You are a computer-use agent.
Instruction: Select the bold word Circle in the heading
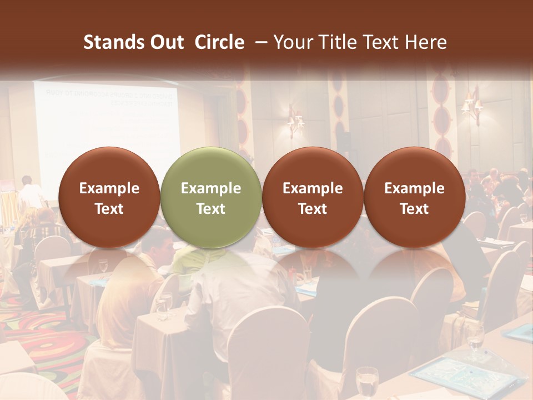(x=219, y=42)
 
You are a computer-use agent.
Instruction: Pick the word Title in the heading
(x=335, y=42)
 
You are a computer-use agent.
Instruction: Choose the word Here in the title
(x=426, y=42)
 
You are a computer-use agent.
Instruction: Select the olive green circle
(x=210, y=198)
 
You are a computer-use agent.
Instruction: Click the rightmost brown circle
(x=414, y=198)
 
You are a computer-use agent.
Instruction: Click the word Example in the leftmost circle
(x=109, y=188)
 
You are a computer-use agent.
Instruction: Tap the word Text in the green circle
(x=210, y=209)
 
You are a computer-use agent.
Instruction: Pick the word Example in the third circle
(x=313, y=188)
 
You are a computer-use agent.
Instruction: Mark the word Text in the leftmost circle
(x=109, y=209)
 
